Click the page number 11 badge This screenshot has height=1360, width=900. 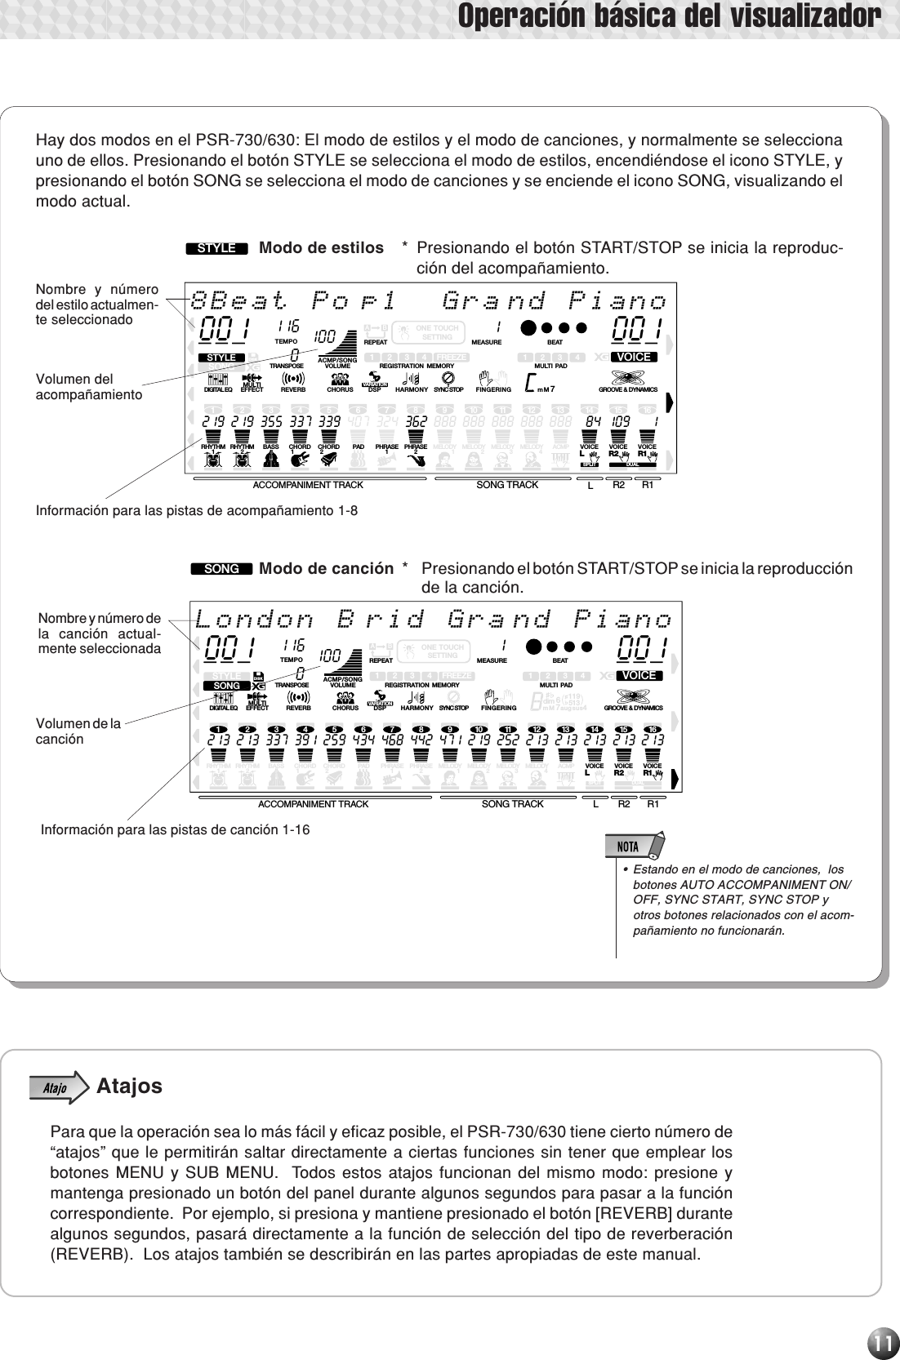[x=881, y=1339]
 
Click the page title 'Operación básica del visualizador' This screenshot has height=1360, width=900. [x=669, y=16]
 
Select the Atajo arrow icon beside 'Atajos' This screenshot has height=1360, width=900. [x=58, y=1087]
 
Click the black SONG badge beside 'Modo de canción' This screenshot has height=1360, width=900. [x=221, y=569]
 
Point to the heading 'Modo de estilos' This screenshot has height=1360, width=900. [x=321, y=247]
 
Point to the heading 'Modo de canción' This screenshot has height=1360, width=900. [x=326, y=568]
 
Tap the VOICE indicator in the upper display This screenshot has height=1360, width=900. [x=634, y=358]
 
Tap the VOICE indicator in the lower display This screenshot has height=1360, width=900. [x=638, y=676]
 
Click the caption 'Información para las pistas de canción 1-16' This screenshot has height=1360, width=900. [x=176, y=830]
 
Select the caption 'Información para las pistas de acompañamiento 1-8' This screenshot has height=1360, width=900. [x=197, y=511]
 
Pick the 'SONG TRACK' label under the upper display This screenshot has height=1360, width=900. [x=507, y=485]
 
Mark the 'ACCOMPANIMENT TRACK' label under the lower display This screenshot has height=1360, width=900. [x=313, y=804]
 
